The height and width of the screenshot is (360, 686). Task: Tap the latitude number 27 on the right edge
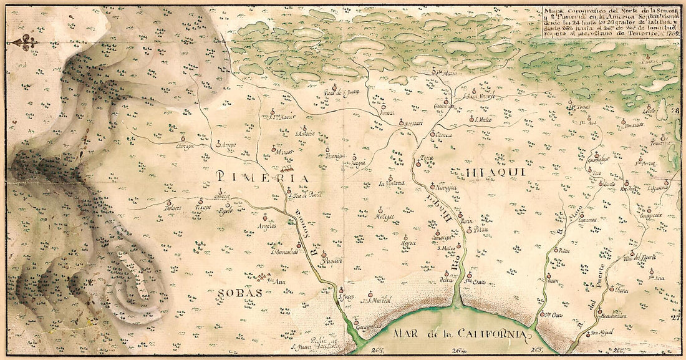point(674,318)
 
